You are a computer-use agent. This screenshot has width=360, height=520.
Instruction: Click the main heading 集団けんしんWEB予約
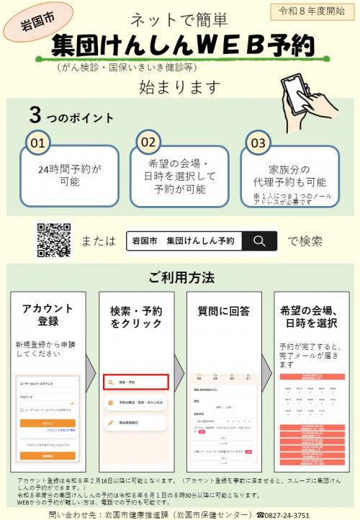(184, 45)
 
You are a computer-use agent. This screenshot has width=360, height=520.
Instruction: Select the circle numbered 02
(148, 143)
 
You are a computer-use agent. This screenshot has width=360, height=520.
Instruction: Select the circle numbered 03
(257, 143)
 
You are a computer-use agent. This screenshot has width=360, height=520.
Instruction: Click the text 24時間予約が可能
(70, 175)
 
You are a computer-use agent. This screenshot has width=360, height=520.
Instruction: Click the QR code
(53, 241)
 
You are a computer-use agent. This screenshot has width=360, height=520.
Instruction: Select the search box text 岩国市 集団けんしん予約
(184, 241)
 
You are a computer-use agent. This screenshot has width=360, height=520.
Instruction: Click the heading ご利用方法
(181, 277)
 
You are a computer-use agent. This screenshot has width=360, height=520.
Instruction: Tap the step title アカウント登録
(48, 314)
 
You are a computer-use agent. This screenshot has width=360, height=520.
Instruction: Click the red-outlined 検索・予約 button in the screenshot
(135, 382)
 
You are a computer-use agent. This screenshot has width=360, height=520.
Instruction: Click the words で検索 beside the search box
(305, 241)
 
